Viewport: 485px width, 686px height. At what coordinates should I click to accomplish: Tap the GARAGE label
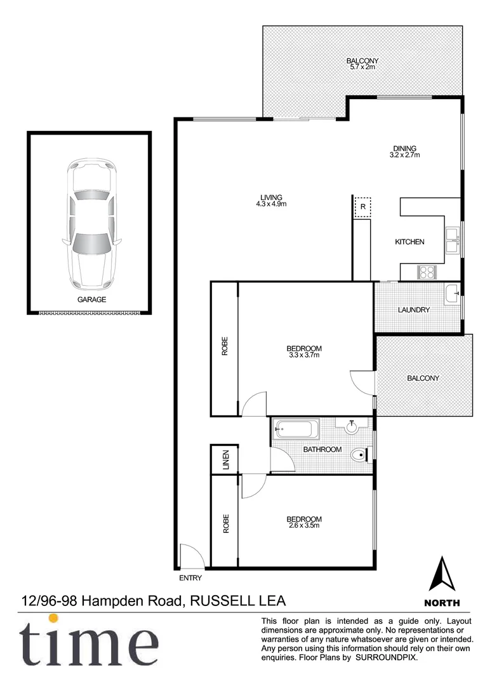coord(91,300)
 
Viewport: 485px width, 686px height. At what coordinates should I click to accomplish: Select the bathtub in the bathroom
coord(297,429)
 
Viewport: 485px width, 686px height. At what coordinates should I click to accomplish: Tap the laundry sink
coord(451,293)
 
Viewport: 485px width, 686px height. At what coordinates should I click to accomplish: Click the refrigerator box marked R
coord(362,207)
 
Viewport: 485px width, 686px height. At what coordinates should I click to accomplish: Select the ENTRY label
coord(190,578)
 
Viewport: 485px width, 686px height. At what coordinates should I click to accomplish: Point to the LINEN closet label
coord(225,459)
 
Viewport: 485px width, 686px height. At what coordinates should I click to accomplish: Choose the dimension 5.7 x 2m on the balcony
coord(362,67)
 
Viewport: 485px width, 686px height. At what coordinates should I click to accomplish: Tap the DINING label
coord(404,149)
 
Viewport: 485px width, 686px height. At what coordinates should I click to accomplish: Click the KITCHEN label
coord(409,242)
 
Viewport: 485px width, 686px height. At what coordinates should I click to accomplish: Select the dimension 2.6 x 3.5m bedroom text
coord(303,526)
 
